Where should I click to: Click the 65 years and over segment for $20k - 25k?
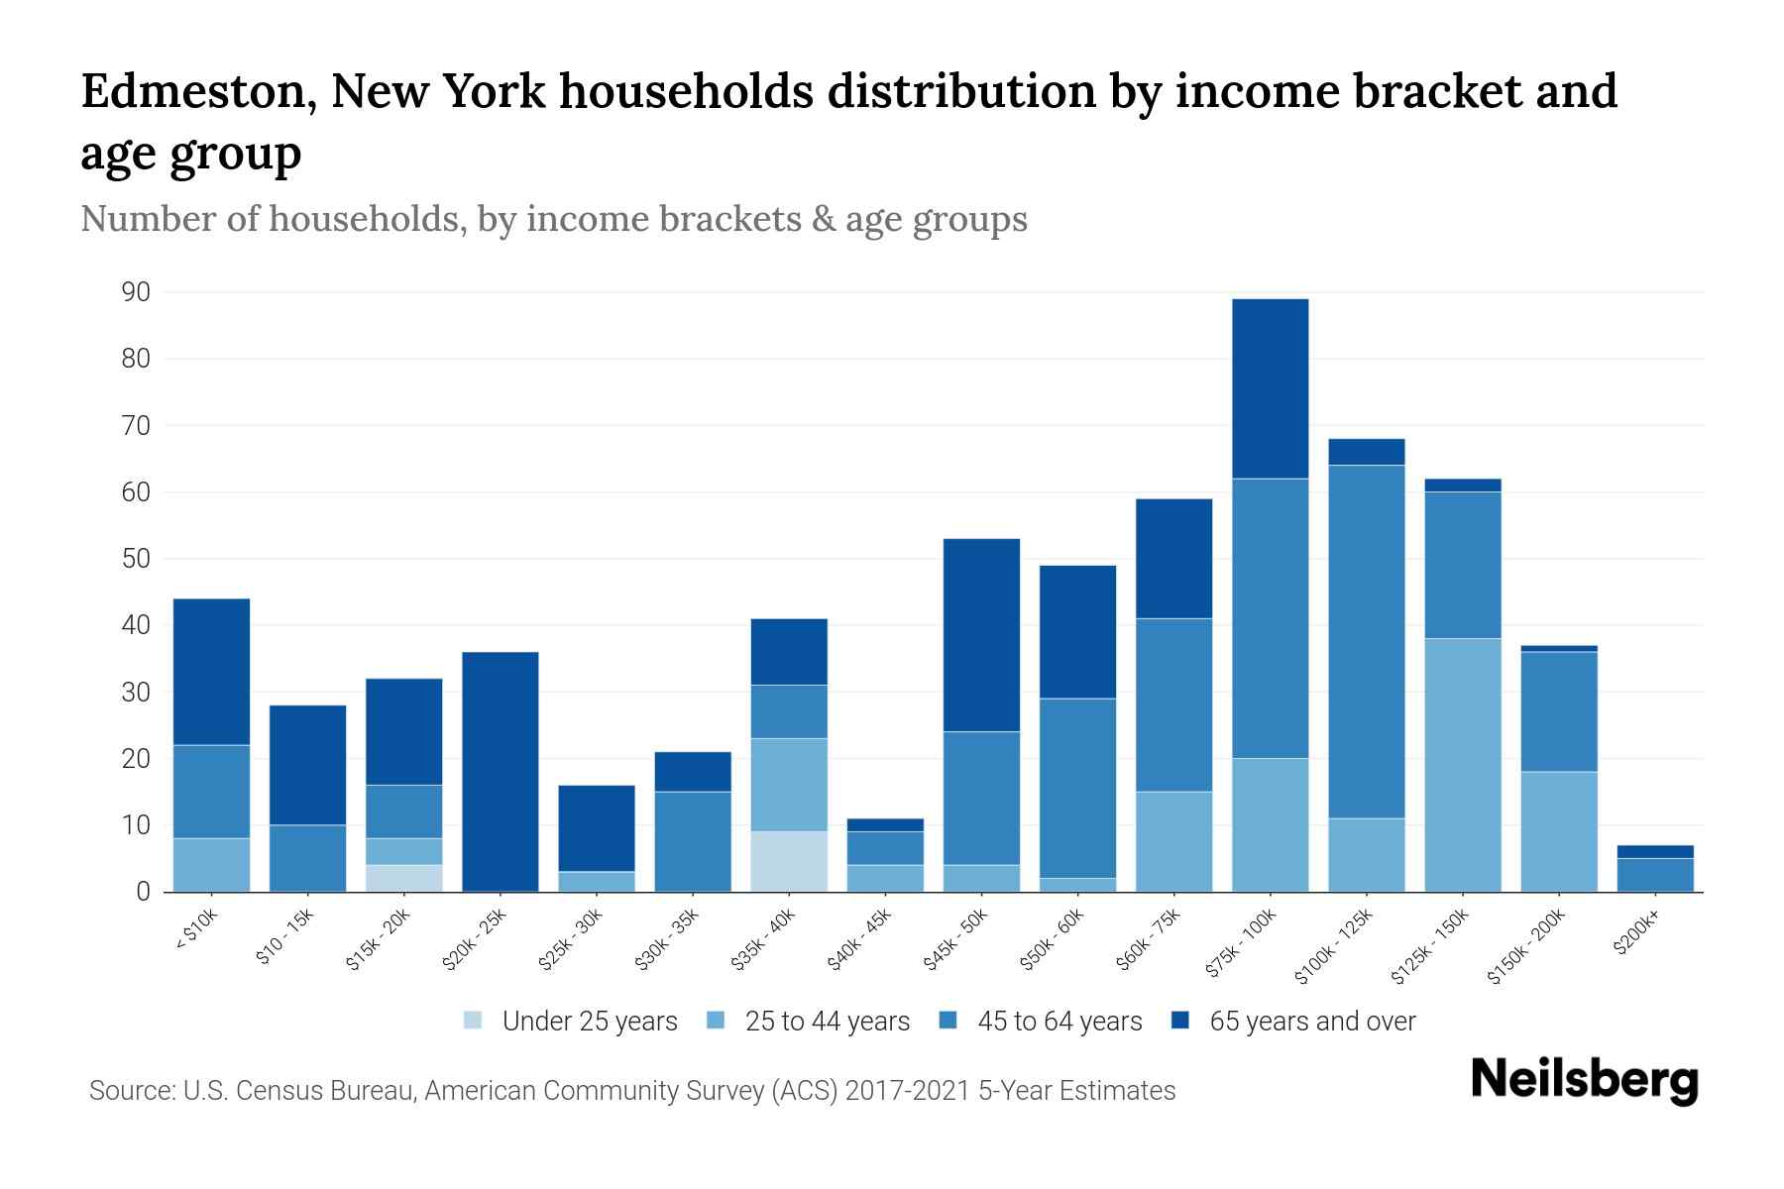coord(501,771)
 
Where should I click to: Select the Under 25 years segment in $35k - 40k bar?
coord(789,861)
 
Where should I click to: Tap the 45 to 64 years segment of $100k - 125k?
coord(1367,641)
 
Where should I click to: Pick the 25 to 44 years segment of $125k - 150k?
coord(1463,764)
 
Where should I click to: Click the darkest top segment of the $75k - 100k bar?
coord(1271,388)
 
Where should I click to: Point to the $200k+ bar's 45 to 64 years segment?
coord(1655,874)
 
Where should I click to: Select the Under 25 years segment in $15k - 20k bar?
coord(404,878)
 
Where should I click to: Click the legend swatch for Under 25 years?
coord(474,1021)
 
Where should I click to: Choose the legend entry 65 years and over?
coord(1311,1021)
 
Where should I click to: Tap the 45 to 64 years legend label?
coord(1059,1021)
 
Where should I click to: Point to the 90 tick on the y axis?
coord(136,292)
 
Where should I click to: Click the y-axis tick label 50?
coord(136,559)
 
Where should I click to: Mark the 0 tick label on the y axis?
coord(144,892)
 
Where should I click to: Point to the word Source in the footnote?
coord(129,1091)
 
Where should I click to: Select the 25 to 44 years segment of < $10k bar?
coord(212,864)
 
